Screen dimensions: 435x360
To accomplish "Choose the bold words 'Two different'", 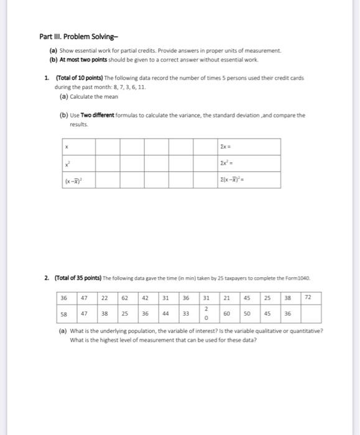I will (x=97, y=115).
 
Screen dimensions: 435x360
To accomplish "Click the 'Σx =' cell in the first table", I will (x=244, y=147).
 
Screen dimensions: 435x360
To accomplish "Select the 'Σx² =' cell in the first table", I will (x=244, y=163).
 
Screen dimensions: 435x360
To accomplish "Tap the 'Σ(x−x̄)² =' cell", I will (x=244, y=180).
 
